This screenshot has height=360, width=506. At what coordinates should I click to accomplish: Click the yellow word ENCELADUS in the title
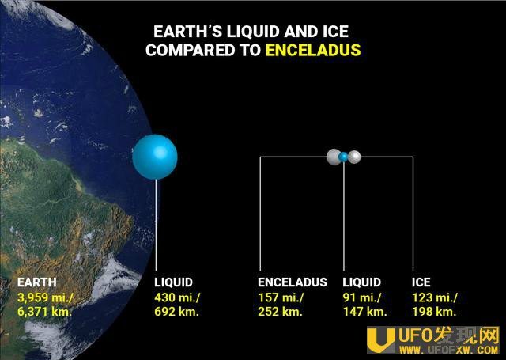313,50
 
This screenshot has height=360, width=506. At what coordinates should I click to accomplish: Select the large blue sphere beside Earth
155,157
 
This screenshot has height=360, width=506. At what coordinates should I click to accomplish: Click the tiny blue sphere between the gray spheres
343,157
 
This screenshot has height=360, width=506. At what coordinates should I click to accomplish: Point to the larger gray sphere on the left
334,157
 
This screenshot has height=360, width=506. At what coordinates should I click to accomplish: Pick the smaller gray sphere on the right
354,157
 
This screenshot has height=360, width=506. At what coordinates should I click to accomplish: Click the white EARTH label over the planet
37,282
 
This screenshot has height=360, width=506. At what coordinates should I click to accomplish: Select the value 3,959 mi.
44,297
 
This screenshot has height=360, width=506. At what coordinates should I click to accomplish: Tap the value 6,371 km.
44,312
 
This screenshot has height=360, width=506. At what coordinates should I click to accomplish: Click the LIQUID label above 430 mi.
174,282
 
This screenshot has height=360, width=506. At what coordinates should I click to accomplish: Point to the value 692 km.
176,312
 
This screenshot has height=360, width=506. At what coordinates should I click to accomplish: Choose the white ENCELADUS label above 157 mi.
293,282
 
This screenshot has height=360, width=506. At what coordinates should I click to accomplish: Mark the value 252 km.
280,312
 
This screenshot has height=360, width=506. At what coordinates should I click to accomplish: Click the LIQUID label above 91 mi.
362,282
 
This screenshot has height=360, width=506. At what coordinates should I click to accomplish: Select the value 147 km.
364,312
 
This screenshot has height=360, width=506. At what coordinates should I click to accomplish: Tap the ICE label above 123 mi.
421,282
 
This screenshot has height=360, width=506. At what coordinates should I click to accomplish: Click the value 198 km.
434,312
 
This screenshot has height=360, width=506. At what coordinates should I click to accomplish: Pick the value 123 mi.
435,297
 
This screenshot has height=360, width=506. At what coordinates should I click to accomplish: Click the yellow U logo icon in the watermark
381,340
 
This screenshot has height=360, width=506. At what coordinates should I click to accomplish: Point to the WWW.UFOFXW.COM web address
448,350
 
